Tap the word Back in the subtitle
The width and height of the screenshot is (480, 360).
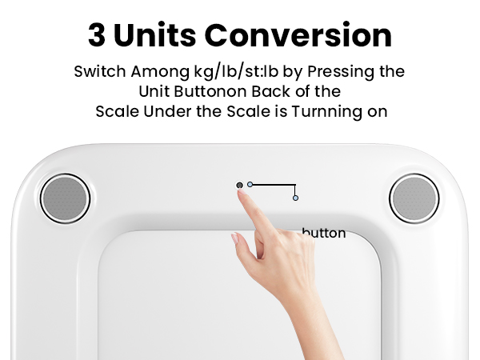click(266, 91)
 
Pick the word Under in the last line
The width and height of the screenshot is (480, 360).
click(160, 111)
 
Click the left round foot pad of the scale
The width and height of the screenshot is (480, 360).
click(66, 198)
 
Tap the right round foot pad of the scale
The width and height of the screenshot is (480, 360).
click(414, 198)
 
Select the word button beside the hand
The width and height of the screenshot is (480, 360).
click(324, 234)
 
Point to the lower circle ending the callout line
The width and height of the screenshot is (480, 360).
click(295, 198)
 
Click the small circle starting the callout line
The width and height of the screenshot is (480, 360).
click(250, 185)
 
